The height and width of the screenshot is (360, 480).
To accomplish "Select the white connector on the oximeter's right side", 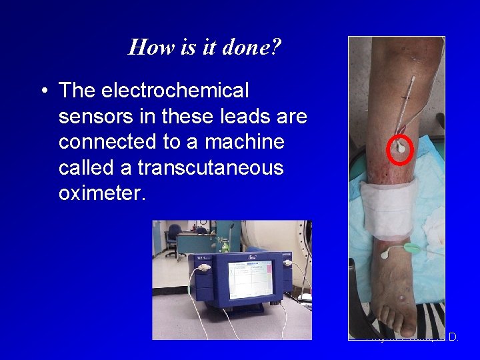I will [288, 263].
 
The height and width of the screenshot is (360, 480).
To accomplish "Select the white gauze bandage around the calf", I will [392, 209].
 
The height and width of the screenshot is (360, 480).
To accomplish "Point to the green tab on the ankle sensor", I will [411, 248].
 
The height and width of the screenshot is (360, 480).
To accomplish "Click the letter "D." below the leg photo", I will [453, 338].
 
